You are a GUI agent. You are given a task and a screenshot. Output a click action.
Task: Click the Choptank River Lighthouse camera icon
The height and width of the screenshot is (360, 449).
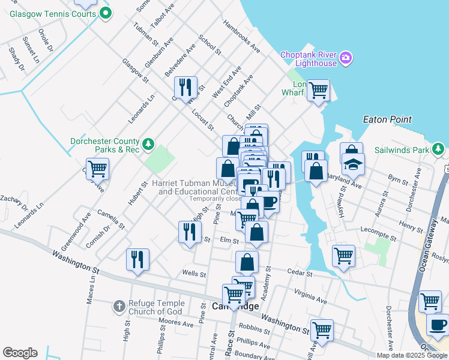click(346, 58)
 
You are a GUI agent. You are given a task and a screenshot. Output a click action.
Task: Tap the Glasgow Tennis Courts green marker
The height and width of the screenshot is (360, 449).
click(106, 13)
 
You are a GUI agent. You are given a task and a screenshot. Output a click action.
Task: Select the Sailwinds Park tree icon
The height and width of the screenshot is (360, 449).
click(439, 149)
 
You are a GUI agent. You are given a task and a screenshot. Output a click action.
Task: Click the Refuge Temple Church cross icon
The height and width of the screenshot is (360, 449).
click(119, 307)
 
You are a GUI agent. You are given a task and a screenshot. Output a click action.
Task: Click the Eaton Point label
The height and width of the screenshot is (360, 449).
click(388, 119)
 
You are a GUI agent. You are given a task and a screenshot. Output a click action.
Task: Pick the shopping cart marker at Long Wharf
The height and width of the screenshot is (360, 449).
click(318, 91)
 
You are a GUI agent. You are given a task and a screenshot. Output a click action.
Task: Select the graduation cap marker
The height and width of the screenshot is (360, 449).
click(353, 163)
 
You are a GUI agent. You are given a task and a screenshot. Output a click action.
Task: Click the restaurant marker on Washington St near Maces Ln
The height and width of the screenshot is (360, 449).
click(138, 260)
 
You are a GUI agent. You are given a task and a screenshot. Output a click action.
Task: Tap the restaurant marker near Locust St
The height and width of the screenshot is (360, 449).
click(186, 88)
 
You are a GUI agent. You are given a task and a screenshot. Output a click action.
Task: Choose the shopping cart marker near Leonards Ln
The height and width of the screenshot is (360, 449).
click(97, 169)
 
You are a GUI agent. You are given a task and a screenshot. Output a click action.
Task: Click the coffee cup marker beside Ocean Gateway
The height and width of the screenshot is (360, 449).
click(438, 325)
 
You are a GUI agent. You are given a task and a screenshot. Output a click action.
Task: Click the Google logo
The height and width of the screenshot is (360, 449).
click(20, 353)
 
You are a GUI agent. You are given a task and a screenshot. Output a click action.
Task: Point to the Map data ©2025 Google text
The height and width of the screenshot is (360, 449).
click(411, 355)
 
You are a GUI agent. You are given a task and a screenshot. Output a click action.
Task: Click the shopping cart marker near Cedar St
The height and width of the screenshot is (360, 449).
click(343, 256)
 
